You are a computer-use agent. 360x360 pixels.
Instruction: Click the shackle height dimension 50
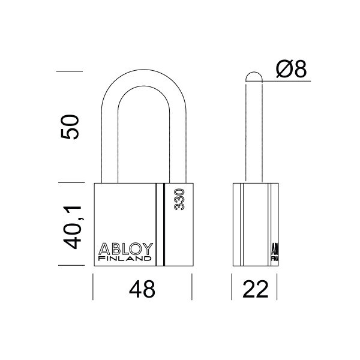[x=71, y=127]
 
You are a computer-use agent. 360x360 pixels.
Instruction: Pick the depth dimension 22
[x=254, y=290]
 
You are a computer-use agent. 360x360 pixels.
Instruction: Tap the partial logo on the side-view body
[x=274, y=252]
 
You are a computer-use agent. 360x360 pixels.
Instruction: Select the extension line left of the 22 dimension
[x=232, y=287]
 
